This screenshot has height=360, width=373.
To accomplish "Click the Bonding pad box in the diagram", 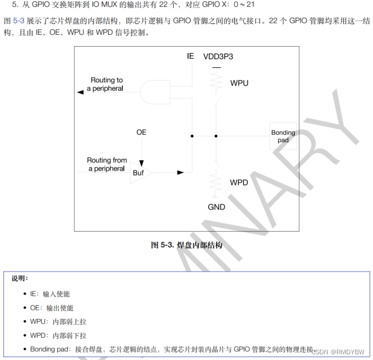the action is pos(283,136).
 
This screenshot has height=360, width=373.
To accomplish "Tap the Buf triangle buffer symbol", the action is pos(139,172).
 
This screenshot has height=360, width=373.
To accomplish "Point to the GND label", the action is pos(216,207).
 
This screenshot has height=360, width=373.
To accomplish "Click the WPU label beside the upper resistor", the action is pos(239,83).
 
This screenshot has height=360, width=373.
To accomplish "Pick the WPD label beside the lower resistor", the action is pos(239,183).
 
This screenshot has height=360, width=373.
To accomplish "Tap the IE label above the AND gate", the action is pos(190,56).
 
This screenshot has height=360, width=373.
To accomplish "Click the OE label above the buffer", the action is pos(141,132).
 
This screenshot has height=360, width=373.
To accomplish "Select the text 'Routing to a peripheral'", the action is pos(106,84).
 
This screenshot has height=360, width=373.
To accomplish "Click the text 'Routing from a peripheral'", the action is pos(107,164).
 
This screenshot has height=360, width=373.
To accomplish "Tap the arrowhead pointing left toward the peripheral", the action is pos(79,91).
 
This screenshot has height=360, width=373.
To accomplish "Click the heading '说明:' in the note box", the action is pos(19,279).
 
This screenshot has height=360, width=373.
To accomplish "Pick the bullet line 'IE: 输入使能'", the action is pos(50,294).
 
